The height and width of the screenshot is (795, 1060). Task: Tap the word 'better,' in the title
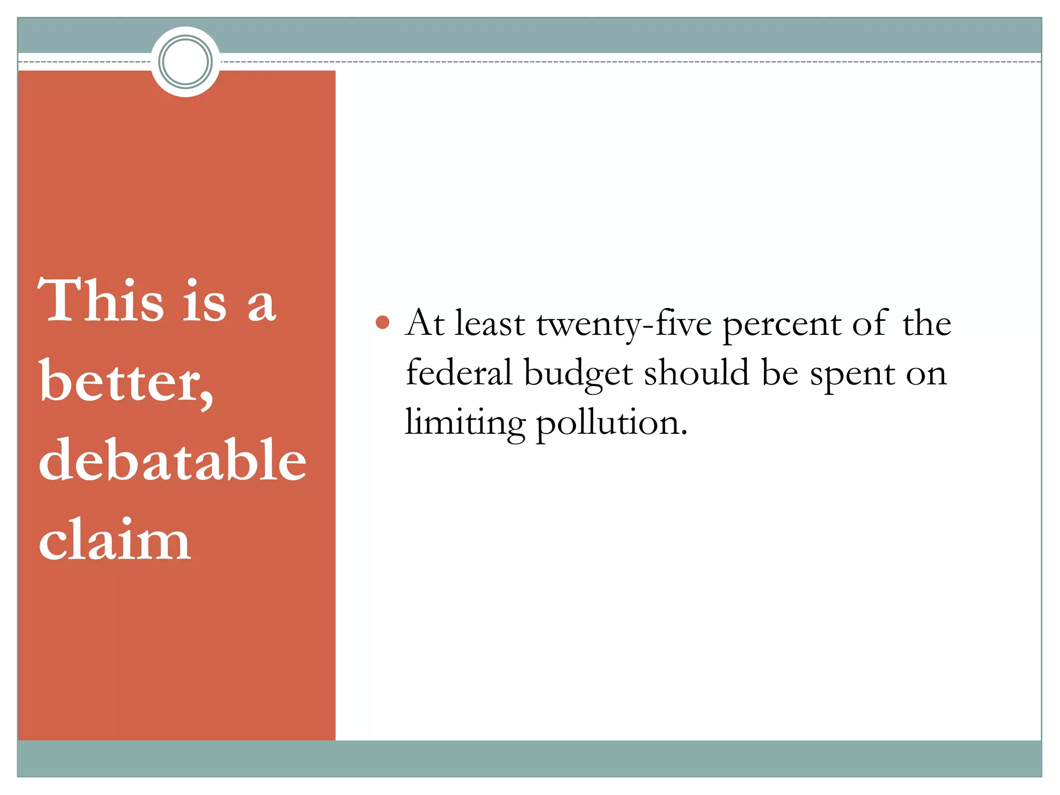click(x=126, y=382)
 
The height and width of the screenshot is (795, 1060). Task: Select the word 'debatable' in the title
click(x=172, y=460)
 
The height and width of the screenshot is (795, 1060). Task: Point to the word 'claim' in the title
click(x=114, y=539)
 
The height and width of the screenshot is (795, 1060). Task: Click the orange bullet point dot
click(x=382, y=322)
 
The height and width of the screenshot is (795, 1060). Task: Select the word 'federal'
click(x=459, y=372)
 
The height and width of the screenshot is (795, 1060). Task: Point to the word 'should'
click(x=696, y=372)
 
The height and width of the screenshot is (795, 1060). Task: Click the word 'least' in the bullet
click(x=490, y=323)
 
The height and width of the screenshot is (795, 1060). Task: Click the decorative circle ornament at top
click(x=185, y=62)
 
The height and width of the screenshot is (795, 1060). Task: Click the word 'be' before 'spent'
click(x=779, y=372)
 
